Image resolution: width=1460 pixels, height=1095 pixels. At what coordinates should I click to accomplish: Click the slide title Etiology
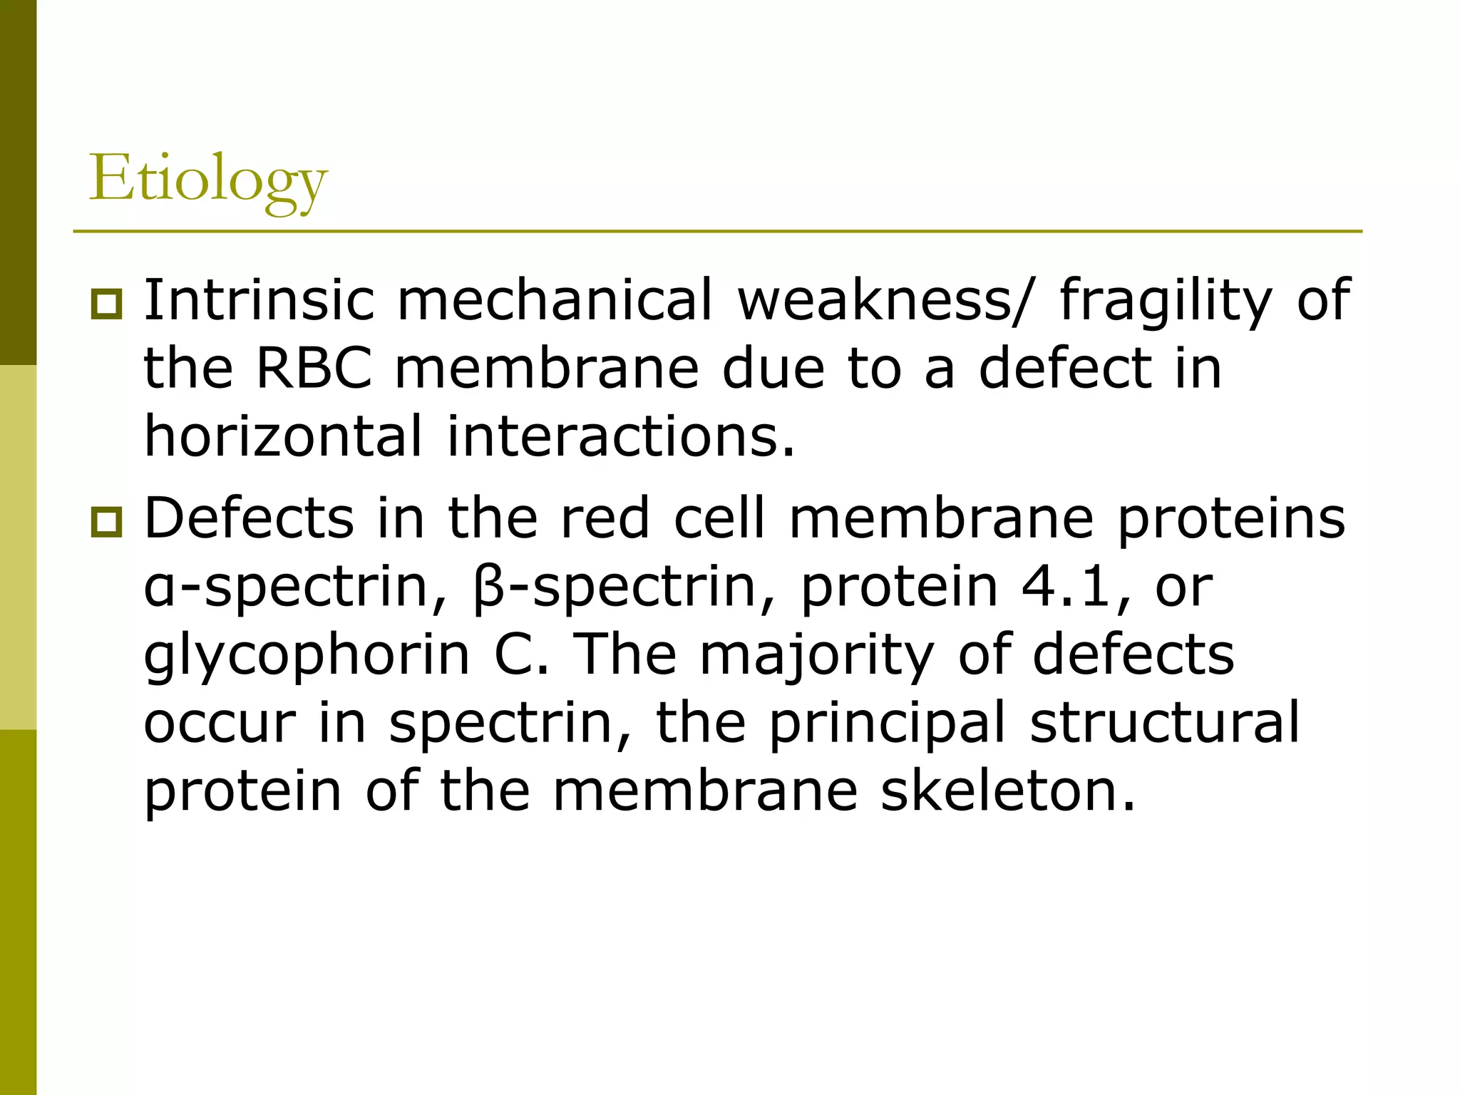(207, 178)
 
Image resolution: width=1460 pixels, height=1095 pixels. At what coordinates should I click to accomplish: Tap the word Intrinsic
(259, 299)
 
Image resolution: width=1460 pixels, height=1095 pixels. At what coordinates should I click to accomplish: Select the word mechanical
(555, 299)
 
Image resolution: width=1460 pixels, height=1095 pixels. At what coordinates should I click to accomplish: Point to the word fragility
(1166, 301)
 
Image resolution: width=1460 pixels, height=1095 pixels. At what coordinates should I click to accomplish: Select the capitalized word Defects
(249, 518)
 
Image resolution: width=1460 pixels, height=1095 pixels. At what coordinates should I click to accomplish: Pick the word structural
(1165, 722)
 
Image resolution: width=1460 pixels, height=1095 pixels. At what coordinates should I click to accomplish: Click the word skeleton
(1007, 791)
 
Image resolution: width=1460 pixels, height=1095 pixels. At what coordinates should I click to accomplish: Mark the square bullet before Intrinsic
(107, 304)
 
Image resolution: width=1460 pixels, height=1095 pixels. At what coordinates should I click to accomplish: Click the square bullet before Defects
(107, 522)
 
